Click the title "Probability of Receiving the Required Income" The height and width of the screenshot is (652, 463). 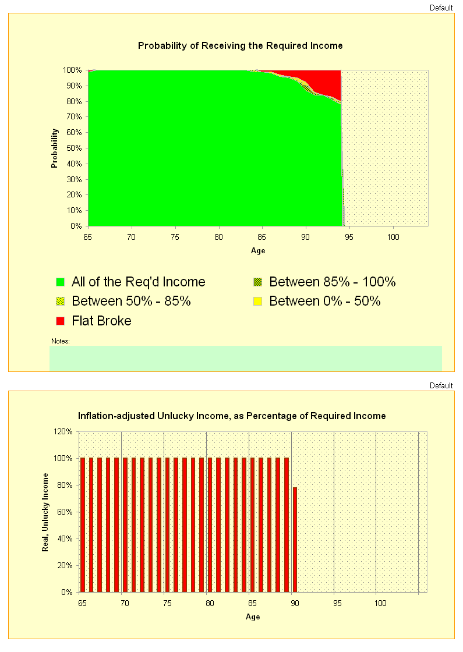(x=240, y=45)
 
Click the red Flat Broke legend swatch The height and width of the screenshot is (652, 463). (x=60, y=321)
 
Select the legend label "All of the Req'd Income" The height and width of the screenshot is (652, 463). (x=138, y=282)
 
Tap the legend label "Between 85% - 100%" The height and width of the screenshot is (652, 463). (x=332, y=282)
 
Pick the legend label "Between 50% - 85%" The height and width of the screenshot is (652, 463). (x=131, y=302)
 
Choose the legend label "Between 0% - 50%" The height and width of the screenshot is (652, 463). (x=324, y=302)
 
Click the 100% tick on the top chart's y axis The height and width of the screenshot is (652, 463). (x=73, y=70)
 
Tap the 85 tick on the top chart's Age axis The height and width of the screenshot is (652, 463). (x=262, y=237)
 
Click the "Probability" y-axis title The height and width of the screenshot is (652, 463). (x=55, y=148)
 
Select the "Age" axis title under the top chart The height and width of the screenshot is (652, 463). (x=258, y=251)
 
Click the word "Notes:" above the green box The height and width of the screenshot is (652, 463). (x=61, y=341)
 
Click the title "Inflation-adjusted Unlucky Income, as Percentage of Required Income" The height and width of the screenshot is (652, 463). (x=232, y=416)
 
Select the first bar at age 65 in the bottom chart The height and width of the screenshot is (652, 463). (x=83, y=525)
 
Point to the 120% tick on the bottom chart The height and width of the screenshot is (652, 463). (x=63, y=432)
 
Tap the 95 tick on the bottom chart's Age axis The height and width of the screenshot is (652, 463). (x=334, y=603)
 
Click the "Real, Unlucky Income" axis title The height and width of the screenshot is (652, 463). (x=45, y=512)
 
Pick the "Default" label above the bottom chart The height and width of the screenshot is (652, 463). (x=441, y=386)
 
